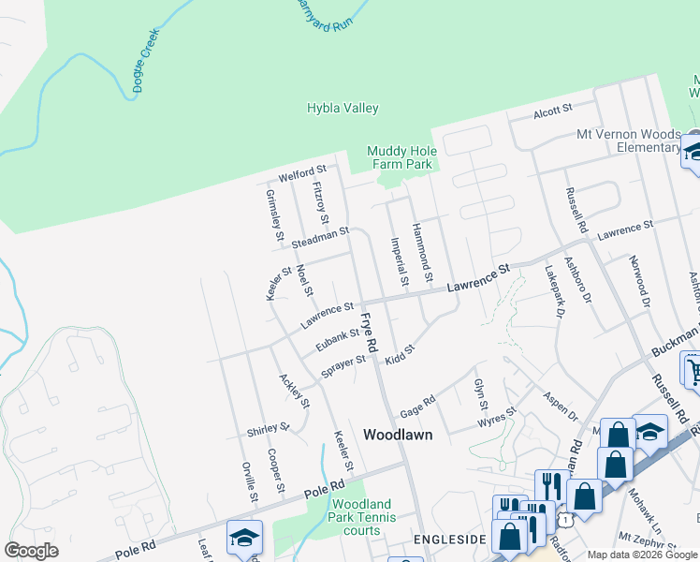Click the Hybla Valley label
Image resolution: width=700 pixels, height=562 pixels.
(343, 109)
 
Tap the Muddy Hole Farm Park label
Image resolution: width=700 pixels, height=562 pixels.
(400, 157)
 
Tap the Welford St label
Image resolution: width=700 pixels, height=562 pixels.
(302, 173)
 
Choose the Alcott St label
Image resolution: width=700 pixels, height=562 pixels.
(552, 111)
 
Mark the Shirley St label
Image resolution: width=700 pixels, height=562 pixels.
(269, 429)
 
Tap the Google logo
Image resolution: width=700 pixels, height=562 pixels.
(31, 551)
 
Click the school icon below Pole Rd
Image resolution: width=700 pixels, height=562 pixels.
(244, 539)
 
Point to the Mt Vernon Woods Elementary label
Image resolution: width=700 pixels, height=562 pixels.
(628, 140)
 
